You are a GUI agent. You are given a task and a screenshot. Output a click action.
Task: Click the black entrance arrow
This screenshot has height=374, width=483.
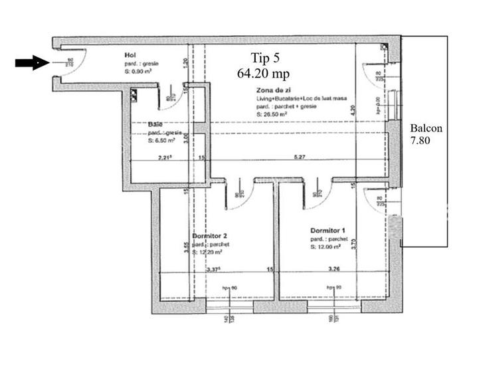31,63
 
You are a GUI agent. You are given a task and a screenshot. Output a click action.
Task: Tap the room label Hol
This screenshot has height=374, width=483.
130,55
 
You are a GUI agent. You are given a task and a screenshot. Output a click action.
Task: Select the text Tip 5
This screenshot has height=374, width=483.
265,56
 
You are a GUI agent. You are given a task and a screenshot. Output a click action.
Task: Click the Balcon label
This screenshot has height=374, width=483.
426,128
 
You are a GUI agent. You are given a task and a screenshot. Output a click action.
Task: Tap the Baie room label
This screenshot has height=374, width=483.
155,125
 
